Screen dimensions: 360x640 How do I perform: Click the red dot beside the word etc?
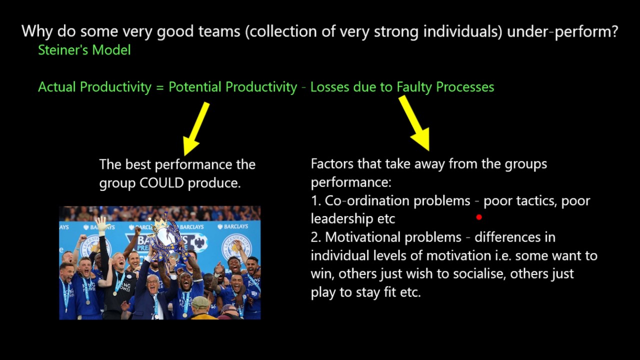coord(479,217)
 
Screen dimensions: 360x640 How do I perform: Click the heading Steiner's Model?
coord(84,50)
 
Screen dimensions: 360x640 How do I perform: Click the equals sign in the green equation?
coord(159,87)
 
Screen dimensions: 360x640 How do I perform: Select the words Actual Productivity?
coord(94,87)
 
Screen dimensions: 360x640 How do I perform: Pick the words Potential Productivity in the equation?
coord(232,87)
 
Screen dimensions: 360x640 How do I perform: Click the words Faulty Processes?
coord(445,87)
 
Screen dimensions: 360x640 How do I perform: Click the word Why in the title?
coord(37,32)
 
